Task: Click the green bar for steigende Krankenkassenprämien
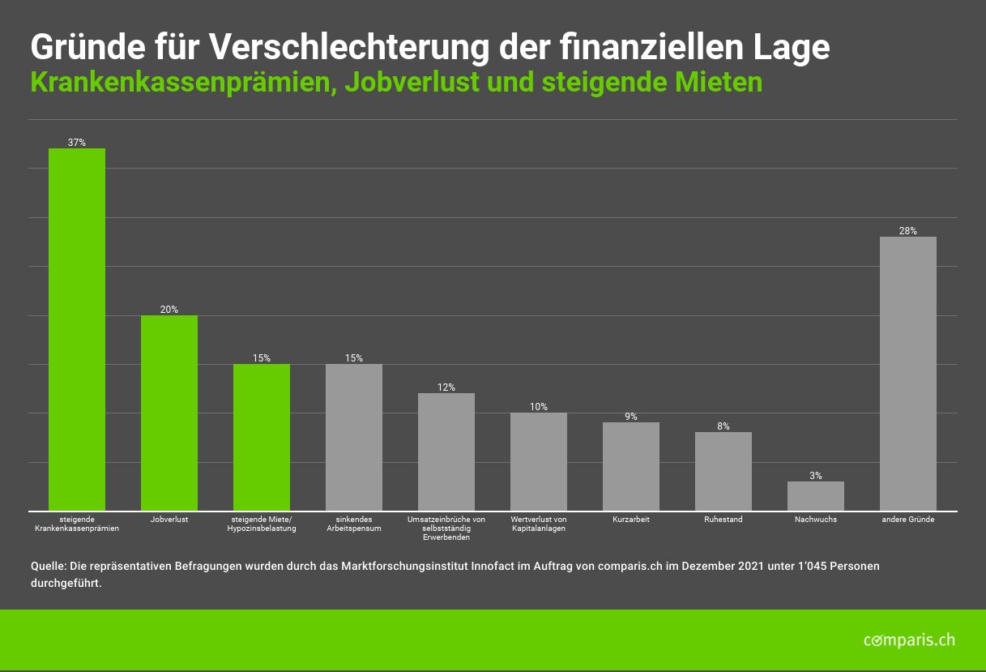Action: point(77,329)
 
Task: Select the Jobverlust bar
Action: point(169,413)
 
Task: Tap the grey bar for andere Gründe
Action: point(908,374)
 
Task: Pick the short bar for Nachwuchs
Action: point(816,496)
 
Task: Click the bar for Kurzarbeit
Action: point(631,466)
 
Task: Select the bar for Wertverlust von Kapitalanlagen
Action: point(539,461)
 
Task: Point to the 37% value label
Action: point(77,143)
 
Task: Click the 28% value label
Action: point(908,231)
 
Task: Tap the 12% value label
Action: point(446,387)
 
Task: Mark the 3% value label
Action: point(816,476)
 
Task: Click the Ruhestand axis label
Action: point(723,520)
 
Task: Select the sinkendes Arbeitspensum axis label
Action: point(354,524)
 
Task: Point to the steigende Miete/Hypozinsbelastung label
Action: point(262,524)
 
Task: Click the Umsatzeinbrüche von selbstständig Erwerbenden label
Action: point(446,528)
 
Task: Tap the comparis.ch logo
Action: point(909,640)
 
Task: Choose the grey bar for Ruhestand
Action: point(723,471)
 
